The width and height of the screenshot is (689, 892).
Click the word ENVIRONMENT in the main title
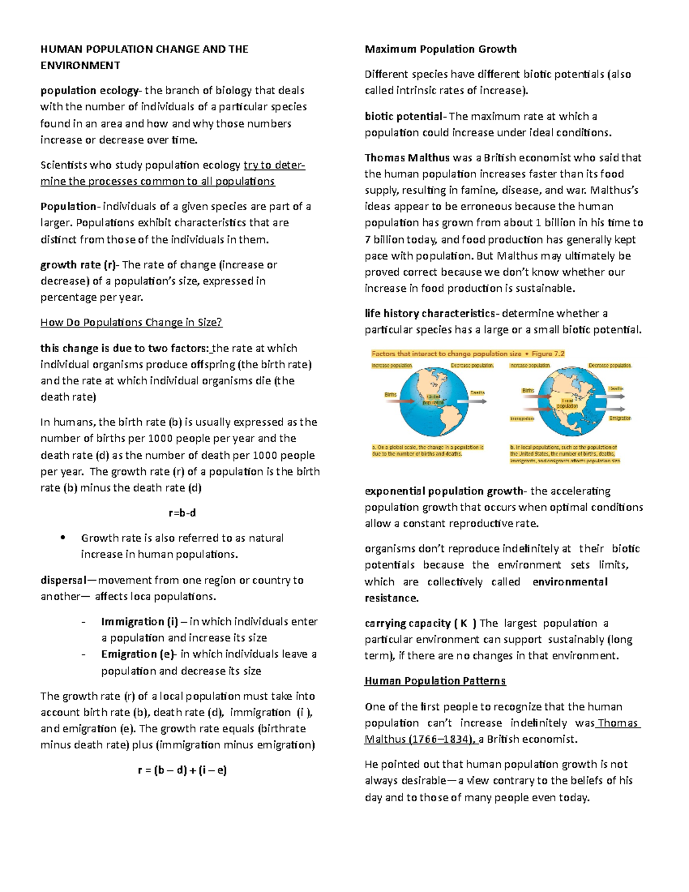[80, 65]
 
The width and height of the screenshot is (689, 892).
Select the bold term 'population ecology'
[89, 90]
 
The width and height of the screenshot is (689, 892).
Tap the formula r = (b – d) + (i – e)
[183, 770]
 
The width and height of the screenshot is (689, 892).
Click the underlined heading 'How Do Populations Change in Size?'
[131, 322]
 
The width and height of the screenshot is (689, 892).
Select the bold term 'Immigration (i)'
[140, 621]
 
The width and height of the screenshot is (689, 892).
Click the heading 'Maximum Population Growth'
[440, 49]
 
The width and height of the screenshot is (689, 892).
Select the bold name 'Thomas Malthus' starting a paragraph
[407, 157]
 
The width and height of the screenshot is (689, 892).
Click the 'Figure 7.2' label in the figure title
[548, 354]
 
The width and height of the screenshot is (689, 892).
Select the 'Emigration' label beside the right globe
[620, 418]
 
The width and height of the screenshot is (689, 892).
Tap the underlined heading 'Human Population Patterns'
[435, 681]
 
